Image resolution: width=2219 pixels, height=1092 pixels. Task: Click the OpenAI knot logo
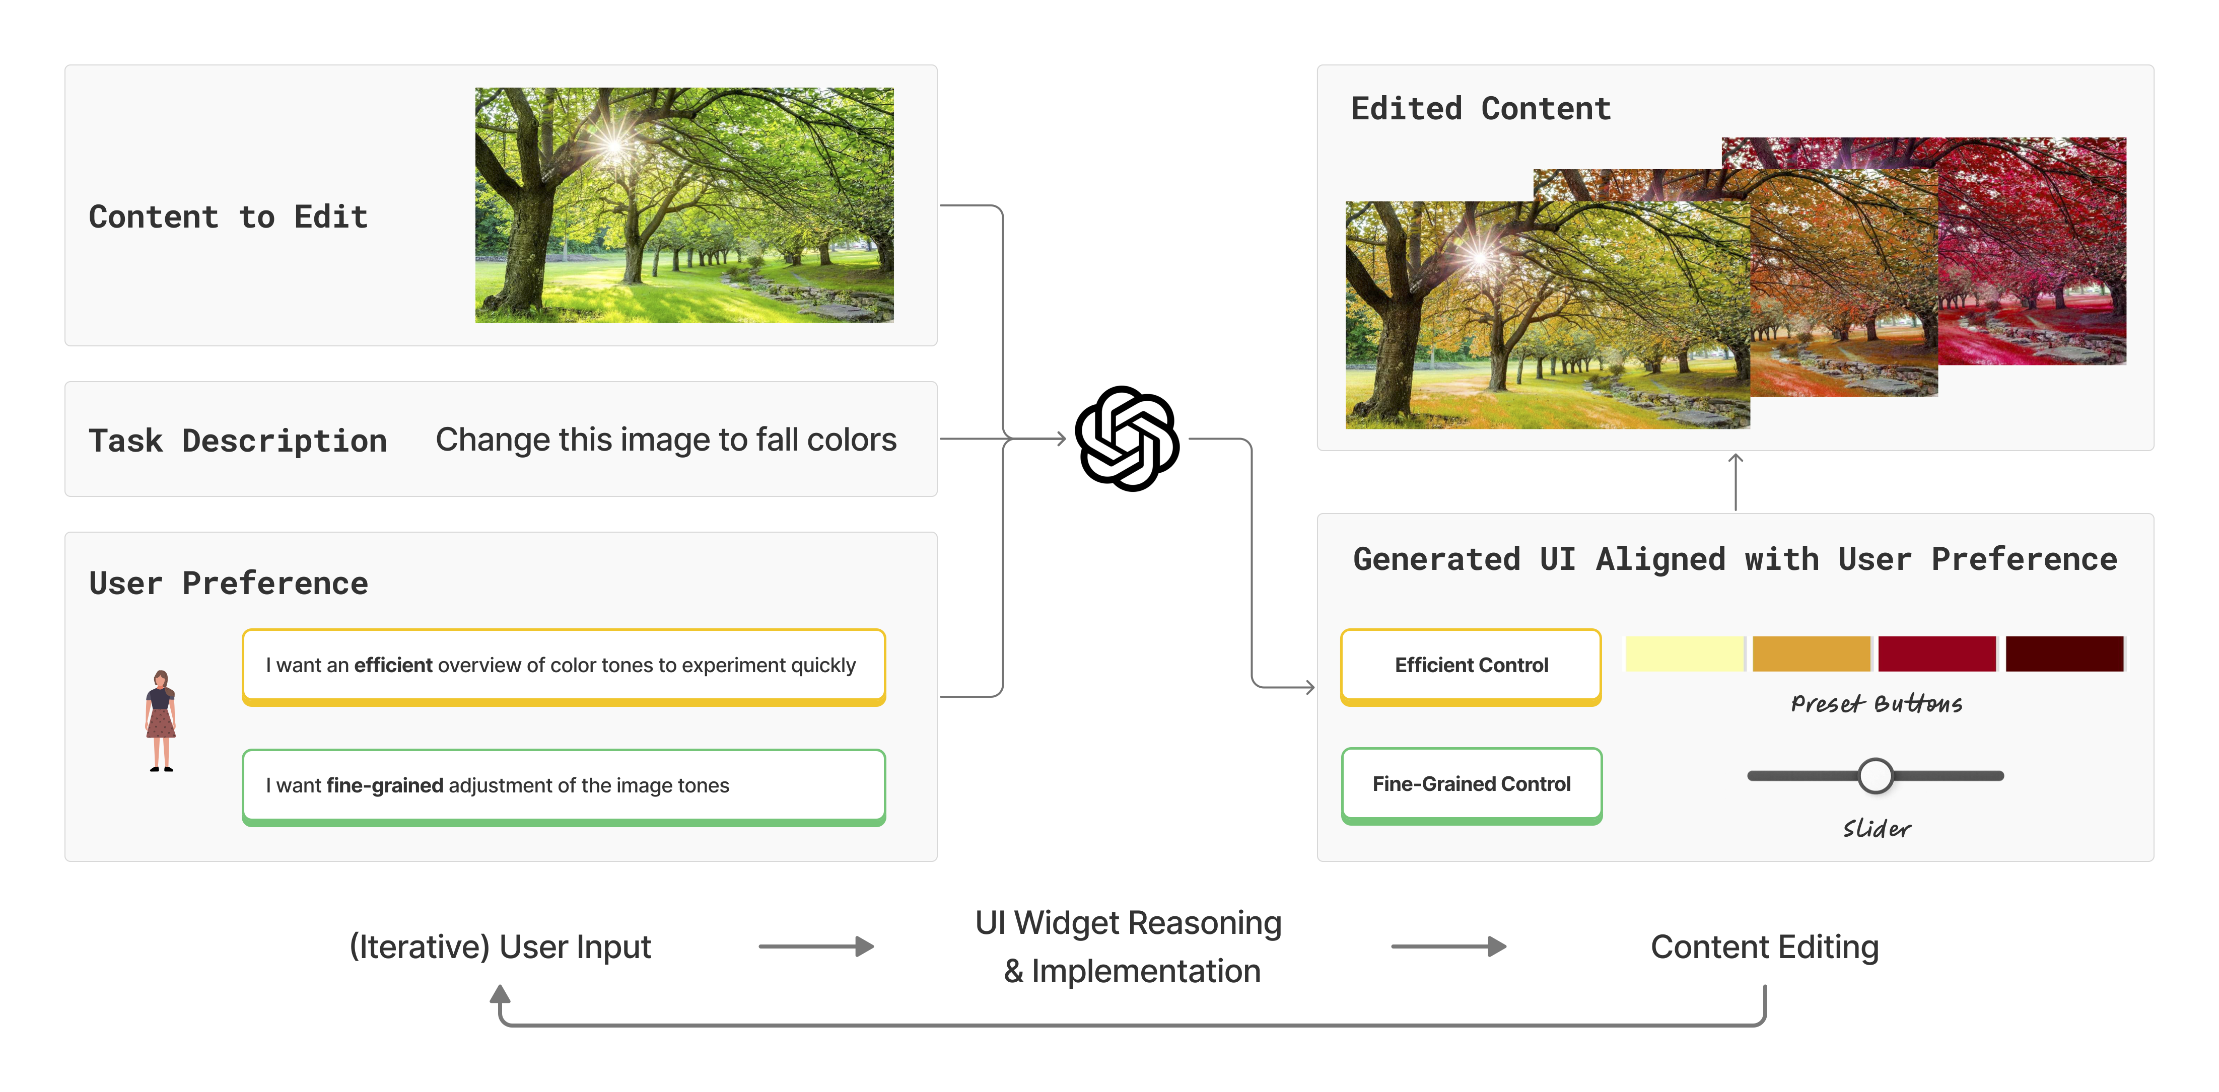click(x=1127, y=439)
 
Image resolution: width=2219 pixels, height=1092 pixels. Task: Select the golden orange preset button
click(x=1811, y=653)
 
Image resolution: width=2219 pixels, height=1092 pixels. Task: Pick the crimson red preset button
click(x=1936, y=653)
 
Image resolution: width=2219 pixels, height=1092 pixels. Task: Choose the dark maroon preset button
click(x=2064, y=653)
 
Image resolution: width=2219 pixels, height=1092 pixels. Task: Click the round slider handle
click(x=1876, y=776)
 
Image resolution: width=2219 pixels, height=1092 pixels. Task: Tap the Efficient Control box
click(x=1471, y=665)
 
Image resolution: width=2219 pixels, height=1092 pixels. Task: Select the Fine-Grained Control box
click(x=1471, y=784)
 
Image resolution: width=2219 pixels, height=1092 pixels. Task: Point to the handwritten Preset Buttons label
click(x=1876, y=704)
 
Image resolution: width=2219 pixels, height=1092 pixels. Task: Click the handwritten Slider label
click(x=1876, y=829)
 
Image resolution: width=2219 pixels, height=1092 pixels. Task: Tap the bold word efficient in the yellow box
click(x=393, y=665)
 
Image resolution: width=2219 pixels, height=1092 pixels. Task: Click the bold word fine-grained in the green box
click(x=384, y=785)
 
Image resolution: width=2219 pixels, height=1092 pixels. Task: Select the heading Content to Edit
click(x=228, y=217)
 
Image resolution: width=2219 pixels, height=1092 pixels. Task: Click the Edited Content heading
click(x=1480, y=109)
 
